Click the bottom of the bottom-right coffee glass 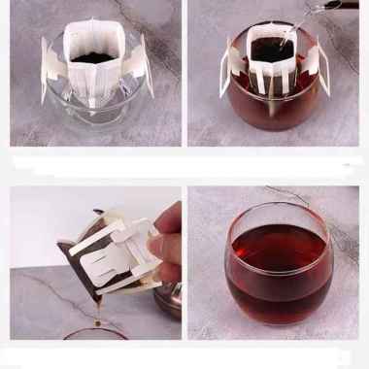click(275, 316)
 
